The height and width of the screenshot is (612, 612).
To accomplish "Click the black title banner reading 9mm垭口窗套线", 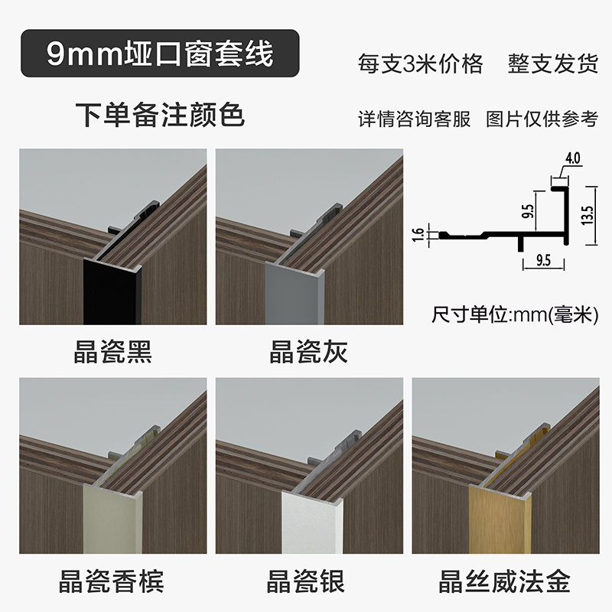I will pos(159,54).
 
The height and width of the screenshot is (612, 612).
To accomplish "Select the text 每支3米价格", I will pos(420,63).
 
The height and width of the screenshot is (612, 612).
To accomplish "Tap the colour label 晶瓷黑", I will pos(113,352).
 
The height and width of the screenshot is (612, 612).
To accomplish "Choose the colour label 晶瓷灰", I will pos(309,352).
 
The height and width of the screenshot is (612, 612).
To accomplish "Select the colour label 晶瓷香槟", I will pos(113,581).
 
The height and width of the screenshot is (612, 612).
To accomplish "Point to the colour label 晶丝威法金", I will pos(505,581).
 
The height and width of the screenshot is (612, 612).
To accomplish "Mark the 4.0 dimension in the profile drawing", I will pos(573,159).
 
